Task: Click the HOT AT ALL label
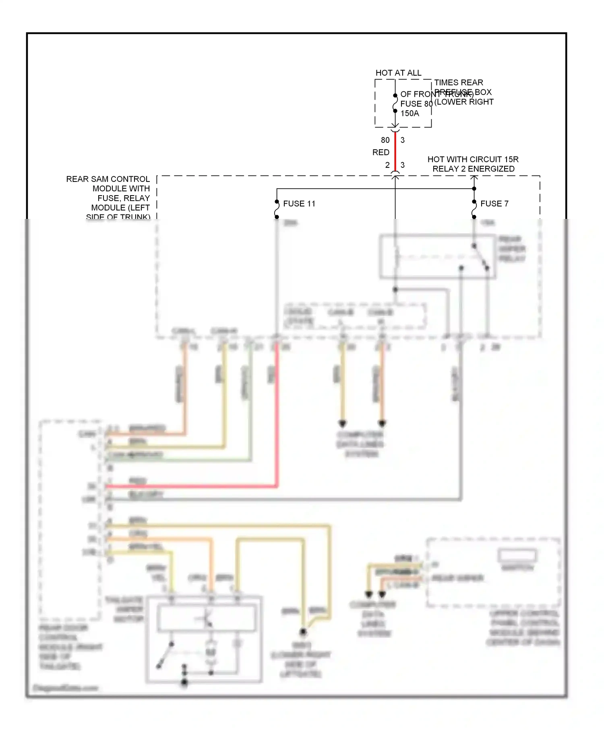click(x=398, y=73)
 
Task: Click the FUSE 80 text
click(x=416, y=104)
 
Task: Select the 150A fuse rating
click(x=410, y=113)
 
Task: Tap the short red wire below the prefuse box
click(x=395, y=152)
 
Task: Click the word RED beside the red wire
click(x=381, y=153)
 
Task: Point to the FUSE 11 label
click(x=299, y=204)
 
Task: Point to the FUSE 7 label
click(x=494, y=204)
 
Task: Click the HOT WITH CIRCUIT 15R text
click(x=473, y=159)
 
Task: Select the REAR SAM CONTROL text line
click(x=108, y=179)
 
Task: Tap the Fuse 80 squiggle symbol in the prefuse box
click(x=395, y=103)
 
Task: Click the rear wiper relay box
click(x=437, y=256)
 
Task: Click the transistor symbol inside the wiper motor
click(x=207, y=619)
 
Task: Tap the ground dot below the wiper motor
click(x=184, y=683)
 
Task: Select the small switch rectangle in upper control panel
click(x=517, y=555)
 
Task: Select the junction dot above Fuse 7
click(x=474, y=189)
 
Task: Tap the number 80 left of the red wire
click(x=385, y=140)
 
